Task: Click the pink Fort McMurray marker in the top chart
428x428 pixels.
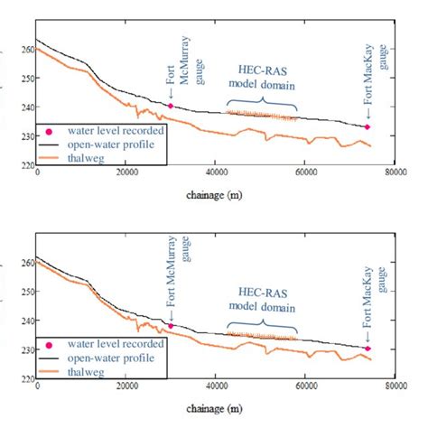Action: [171, 106]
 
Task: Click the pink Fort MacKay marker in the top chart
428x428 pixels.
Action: [368, 127]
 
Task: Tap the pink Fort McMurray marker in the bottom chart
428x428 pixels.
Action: [171, 326]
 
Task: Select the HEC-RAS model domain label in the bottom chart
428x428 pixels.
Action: [262, 294]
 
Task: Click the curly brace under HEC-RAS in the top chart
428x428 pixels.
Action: [262, 98]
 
